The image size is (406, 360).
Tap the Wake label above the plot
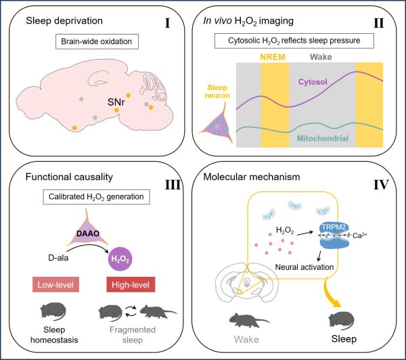click(x=321, y=57)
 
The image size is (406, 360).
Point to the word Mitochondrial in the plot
click(x=323, y=139)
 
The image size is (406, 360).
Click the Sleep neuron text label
click(x=217, y=91)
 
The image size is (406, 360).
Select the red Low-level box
click(x=55, y=284)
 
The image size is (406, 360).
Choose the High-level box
click(x=131, y=284)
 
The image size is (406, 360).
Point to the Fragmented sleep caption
click(x=133, y=335)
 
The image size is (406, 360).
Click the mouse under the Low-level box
click(x=52, y=311)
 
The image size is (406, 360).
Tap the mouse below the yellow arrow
click(x=342, y=319)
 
